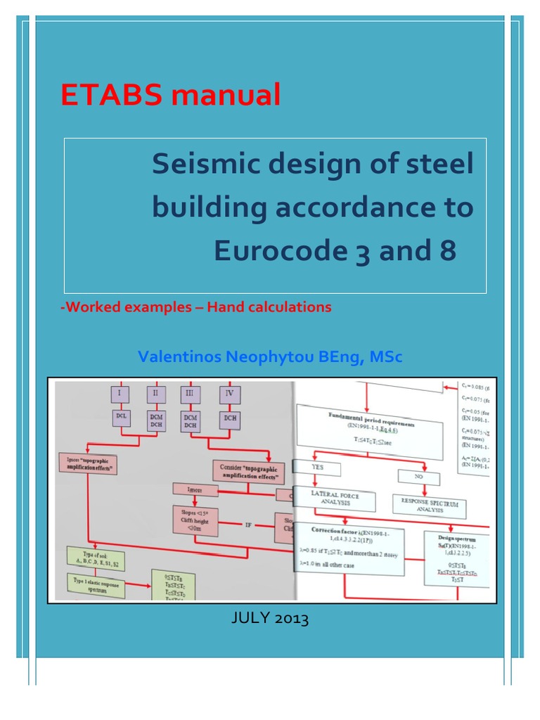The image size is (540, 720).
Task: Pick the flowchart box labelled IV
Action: coord(229,393)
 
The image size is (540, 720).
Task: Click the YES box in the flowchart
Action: coord(317,468)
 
